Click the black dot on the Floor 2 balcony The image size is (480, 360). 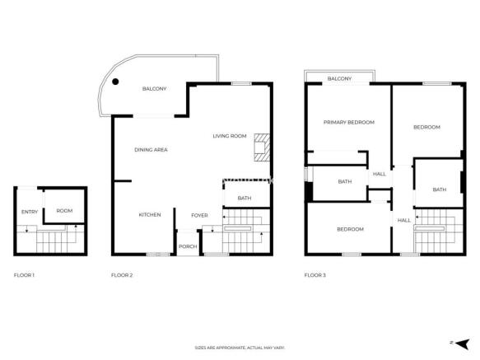pyautogui.click(x=115, y=82)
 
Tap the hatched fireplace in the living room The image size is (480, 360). pyautogui.click(x=262, y=147)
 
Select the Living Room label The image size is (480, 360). pyautogui.click(x=230, y=136)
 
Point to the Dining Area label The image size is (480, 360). pyautogui.click(x=151, y=149)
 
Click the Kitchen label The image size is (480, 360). pyautogui.click(x=150, y=214)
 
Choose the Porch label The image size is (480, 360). pyautogui.click(x=188, y=246)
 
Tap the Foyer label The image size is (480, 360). pyautogui.click(x=199, y=215)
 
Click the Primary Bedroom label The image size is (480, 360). pyautogui.click(x=349, y=122)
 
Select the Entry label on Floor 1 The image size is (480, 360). pyautogui.click(x=30, y=212)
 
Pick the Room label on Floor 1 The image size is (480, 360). pyautogui.click(x=64, y=211)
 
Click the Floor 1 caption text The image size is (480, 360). pyautogui.click(x=24, y=275)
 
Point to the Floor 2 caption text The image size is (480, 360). pyautogui.click(x=122, y=275)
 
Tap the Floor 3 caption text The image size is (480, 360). pyautogui.click(x=315, y=275)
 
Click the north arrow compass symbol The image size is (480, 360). pyautogui.click(x=462, y=344)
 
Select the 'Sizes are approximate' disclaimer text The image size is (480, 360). pyautogui.click(x=240, y=348)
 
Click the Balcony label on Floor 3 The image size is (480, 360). pyautogui.click(x=340, y=78)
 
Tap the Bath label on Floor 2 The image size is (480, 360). pyautogui.click(x=245, y=198)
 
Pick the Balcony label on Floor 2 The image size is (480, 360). pyautogui.click(x=154, y=88)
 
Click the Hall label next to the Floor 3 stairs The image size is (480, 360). pyautogui.click(x=404, y=220)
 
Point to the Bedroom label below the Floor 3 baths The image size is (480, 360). pyautogui.click(x=351, y=229)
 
